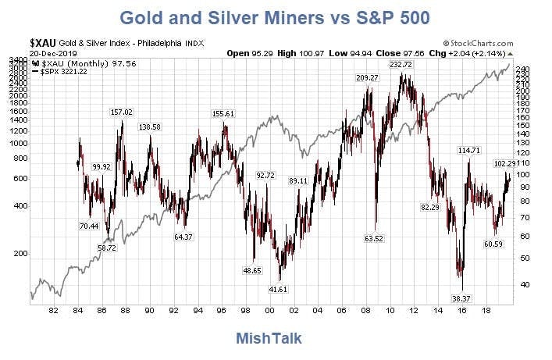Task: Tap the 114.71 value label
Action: tap(468, 149)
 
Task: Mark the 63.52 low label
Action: tap(372, 238)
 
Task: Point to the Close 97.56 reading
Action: tap(397, 53)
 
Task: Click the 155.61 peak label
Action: tap(223, 114)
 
